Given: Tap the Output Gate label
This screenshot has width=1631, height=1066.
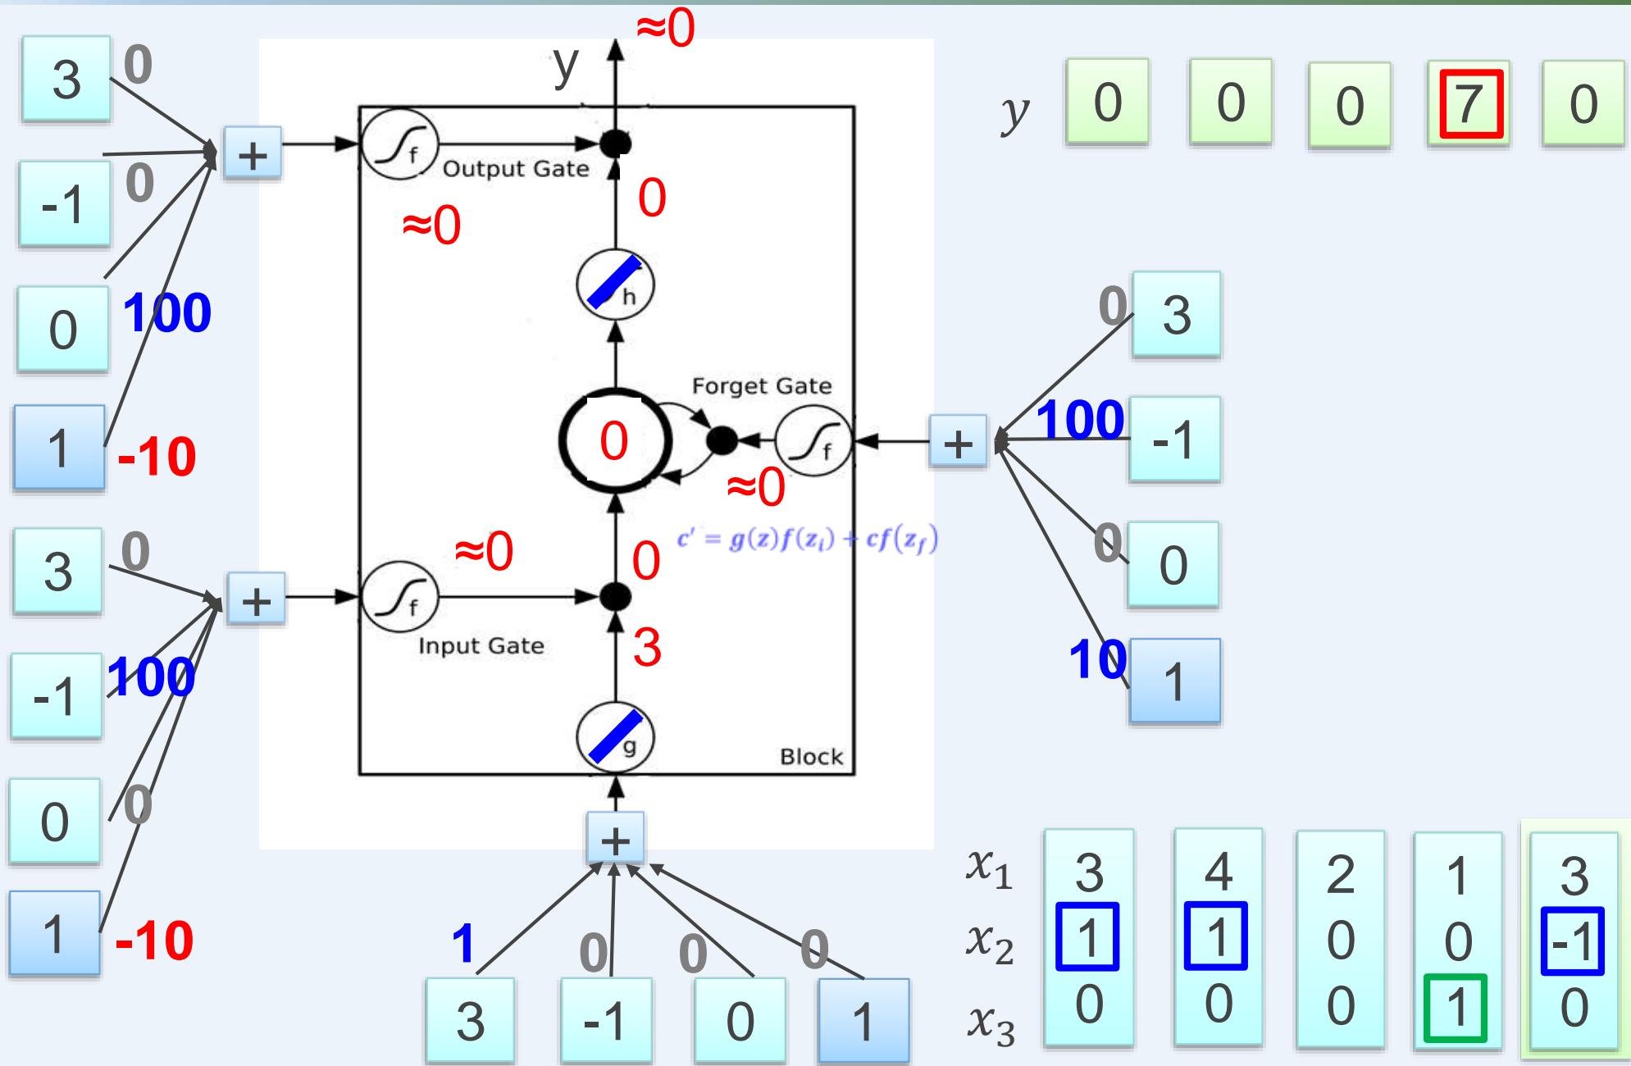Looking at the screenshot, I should pyautogui.click(x=516, y=169).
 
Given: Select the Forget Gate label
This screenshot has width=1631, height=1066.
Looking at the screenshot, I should pyautogui.click(x=761, y=386).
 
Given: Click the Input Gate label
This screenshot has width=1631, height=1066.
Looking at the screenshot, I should pyautogui.click(x=481, y=646).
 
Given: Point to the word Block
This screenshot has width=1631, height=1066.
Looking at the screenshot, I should pyautogui.click(x=811, y=756).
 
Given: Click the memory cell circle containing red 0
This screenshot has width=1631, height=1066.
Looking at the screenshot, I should pyautogui.click(x=615, y=441).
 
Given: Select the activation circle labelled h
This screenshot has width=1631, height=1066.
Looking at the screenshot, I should pyautogui.click(x=615, y=285).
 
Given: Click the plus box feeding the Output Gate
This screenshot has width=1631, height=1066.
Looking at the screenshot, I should pyautogui.click(x=253, y=153).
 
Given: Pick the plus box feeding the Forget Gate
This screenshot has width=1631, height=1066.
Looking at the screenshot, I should pyautogui.click(x=958, y=443).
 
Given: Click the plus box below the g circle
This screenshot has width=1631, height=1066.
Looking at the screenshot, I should pyautogui.click(x=615, y=838).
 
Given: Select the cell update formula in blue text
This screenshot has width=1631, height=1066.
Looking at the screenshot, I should pyautogui.click(x=807, y=540).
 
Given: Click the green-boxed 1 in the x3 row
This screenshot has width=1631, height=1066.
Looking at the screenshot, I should pyautogui.click(x=1456, y=1007).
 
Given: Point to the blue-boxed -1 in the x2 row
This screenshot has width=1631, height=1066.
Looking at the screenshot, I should pyautogui.click(x=1572, y=941).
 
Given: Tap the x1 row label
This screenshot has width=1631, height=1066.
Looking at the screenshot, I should pyautogui.click(x=989, y=871).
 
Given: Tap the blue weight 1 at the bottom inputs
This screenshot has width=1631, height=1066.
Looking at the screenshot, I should pyautogui.click(x=463, y=943).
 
